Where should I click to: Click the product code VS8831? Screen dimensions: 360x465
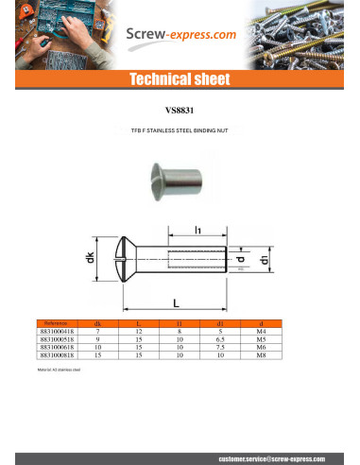click(180, 109)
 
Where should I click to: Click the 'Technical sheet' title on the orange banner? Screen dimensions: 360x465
click(180, 78)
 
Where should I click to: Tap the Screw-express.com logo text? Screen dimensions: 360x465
click(181, 34)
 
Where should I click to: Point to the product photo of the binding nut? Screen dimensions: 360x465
click(177, 179)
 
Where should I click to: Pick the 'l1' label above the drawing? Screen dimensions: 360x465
click(197, 230)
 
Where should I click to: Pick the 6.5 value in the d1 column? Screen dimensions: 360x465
click(220, 339)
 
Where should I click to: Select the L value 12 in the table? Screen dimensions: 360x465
click(138, 332)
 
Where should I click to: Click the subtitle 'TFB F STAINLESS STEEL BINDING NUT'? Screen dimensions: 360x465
click(180, 133)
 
